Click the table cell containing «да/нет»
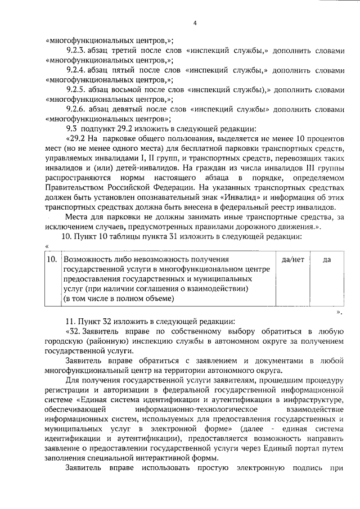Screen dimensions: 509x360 click(x=292, y=259)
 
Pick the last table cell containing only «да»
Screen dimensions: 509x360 click(x=327, y=259)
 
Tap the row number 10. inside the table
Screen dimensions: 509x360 click(x=51, y=259)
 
